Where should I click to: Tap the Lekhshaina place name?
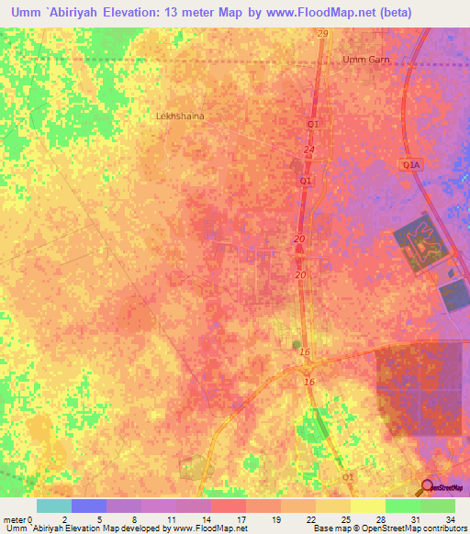180,117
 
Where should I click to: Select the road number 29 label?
322,34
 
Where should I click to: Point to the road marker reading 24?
308,150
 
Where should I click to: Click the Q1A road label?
409,164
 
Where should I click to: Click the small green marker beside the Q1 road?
296,344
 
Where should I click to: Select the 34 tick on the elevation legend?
451,520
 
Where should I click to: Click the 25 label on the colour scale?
347,520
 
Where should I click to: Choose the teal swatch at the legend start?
53,506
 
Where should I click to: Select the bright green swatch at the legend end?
437,506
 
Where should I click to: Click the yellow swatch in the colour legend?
367,506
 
